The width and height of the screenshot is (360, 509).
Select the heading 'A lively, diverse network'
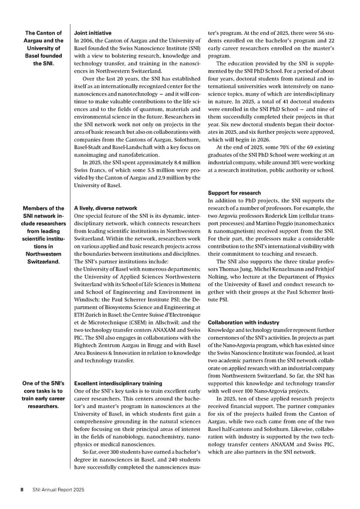click(x=107, y=208)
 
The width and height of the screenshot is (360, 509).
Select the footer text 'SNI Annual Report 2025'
click(x=58, y=490)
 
